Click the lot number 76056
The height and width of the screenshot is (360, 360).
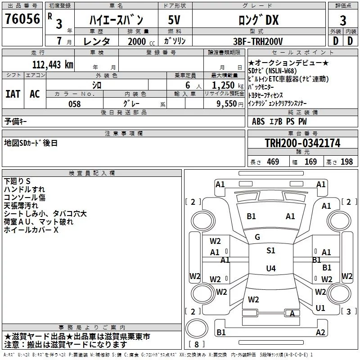pos(22,18)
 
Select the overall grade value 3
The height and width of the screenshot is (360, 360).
pos(343,20)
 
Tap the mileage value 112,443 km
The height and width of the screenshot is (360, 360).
pos(53,65)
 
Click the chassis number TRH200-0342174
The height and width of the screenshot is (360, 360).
pos(302,143)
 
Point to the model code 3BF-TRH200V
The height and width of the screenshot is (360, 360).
pos(258,41)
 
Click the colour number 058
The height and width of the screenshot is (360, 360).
pos(75,104)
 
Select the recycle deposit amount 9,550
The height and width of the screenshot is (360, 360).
pos(227,104)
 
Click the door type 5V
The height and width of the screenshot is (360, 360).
pos(174,20)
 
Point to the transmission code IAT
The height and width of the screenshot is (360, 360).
pos(13,94)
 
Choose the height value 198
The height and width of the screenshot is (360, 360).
pos(346,162)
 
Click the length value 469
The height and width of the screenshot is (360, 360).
pos(273,162)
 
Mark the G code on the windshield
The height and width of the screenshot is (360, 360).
pos(257,237)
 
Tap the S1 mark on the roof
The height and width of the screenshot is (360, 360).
pos(271,251)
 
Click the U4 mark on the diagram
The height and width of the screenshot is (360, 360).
pos(271,268)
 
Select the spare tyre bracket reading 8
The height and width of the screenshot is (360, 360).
pos(197,344)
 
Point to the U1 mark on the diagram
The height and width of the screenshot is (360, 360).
pos(320,308)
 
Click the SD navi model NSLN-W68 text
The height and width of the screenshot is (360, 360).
pos(283,71)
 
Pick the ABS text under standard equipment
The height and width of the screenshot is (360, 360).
pos(258,121)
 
